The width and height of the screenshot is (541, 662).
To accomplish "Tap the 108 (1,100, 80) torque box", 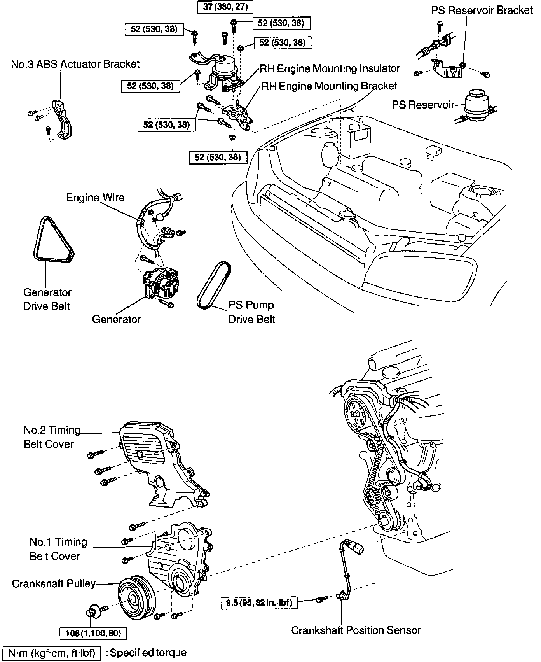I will coord(93,633).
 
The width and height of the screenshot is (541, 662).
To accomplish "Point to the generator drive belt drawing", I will coord(54,238).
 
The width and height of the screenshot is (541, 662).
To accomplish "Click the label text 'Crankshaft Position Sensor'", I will coord(356,630).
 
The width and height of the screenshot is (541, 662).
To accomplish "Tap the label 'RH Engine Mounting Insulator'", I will coord(330,69).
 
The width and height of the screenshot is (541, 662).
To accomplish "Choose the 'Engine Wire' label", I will coord(95,198).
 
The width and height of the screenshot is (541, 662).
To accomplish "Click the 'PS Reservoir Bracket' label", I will coord(482,11).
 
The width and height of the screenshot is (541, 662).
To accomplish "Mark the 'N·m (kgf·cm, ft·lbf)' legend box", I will coord(52,653).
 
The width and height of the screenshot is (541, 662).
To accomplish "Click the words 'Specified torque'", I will coord(148,653).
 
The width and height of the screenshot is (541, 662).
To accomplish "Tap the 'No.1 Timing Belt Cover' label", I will coord(58,549).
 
